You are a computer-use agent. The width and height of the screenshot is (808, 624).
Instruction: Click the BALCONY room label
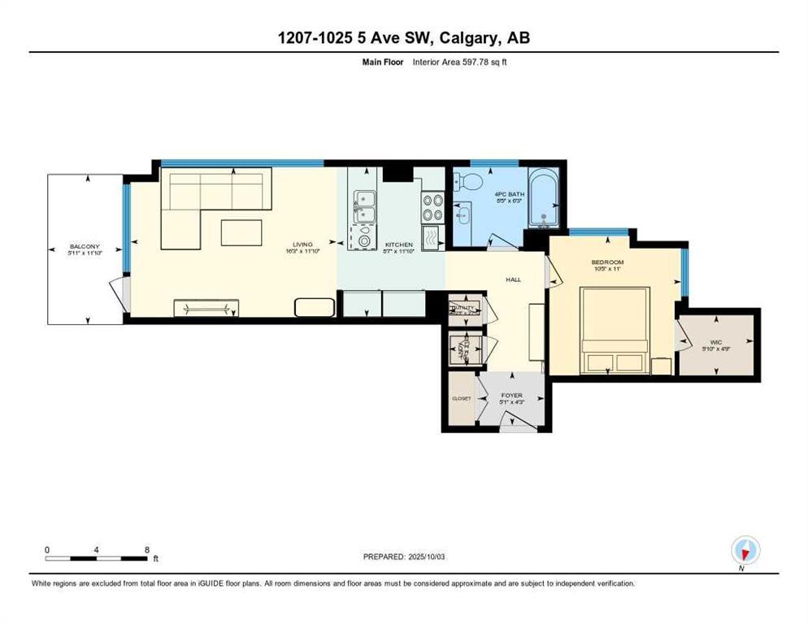coord(85,247)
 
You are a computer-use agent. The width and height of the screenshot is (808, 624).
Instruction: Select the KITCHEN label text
coord(399,245)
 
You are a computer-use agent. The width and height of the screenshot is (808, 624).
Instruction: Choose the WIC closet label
coord(715,343)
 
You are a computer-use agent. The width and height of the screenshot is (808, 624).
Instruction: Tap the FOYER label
coord(510,395)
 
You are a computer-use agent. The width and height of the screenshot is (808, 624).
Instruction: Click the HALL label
coord(513,279)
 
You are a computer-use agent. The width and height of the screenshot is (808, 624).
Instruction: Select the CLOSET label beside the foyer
coord(462,399)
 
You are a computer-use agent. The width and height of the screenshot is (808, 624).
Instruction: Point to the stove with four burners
coord(432,208)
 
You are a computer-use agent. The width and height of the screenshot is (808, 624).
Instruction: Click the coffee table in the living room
coord(241,232)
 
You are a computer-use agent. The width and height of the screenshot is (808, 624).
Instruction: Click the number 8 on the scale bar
coord(146,550)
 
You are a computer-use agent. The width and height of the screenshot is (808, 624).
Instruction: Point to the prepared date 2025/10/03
coord(405,557)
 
